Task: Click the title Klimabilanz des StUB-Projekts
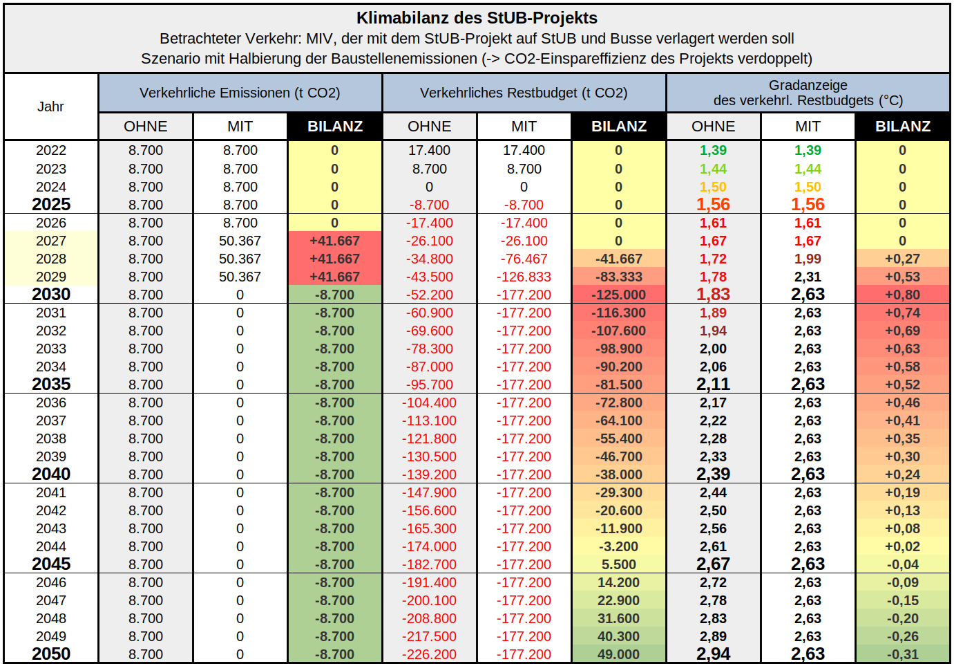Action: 477,18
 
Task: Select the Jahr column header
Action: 50,107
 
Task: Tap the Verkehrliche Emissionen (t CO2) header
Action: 240,93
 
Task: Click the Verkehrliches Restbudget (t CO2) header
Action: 524,93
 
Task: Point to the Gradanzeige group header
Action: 808,93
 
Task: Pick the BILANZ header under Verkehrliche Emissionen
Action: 335,127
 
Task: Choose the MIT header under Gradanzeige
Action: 808,127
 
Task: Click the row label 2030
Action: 51,295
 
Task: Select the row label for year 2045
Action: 51,564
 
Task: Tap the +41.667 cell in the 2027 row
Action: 335,241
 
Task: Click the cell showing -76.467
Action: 524,259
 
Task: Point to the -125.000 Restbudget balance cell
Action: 619,295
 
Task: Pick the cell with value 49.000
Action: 619,654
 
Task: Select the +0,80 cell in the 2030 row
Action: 902,295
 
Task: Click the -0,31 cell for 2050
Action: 902,654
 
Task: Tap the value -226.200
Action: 429,654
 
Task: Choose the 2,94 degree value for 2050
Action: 713,654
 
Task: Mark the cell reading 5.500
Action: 619,564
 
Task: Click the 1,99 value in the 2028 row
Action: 808,259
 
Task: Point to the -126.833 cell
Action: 524,277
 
